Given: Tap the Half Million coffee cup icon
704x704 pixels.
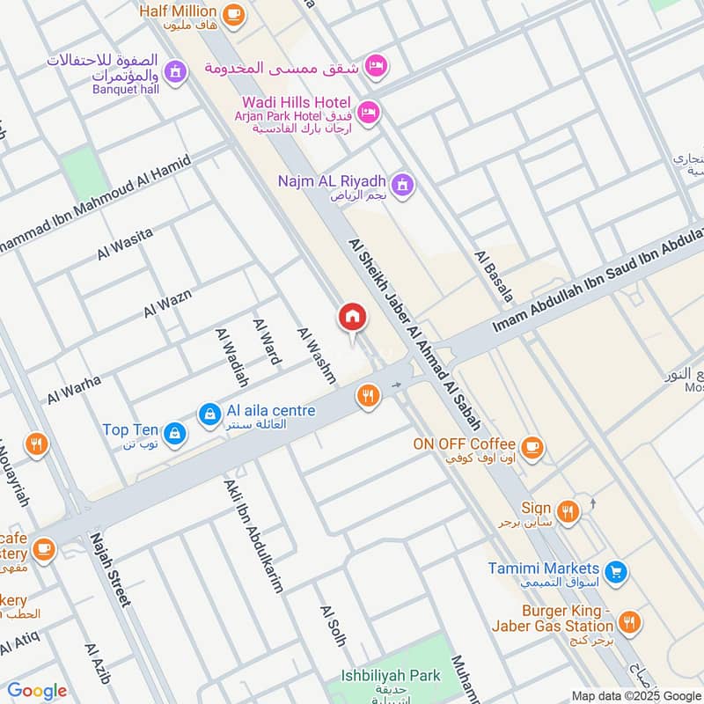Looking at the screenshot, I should (x=233, y=12).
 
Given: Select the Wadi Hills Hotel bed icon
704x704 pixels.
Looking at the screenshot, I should (x=369, y=112).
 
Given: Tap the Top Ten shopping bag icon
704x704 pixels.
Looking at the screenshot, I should (x=174, y=431).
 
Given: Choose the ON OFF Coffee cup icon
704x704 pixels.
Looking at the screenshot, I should (x=532, y=446).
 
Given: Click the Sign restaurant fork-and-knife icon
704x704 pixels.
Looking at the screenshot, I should (x=568, y=510).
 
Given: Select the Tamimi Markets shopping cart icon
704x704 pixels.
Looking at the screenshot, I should (x=618, y=570).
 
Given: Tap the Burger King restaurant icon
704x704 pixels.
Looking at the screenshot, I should (x=628, y=620).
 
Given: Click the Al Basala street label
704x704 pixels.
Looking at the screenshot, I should (x=493, y=275).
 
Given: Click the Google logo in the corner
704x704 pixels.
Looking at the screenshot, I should (x=36, y=691).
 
